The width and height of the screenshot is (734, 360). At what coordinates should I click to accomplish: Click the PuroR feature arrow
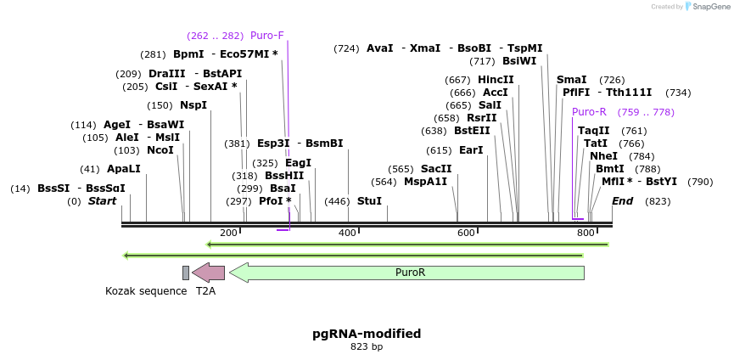pyautogui.click(x=407, y=273)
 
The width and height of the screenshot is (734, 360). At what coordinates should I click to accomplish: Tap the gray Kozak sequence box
pyautogui.click(x=186, y=273)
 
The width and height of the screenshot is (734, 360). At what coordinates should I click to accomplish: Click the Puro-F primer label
pyautogui.click(x=266, y=36)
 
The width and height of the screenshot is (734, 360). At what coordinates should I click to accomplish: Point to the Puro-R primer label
pyautogui.click(x=589, y=112)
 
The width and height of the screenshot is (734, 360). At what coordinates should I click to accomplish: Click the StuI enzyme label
pyautogui.click(x=369, y=201)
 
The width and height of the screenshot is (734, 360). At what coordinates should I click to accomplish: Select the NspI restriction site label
pyautogui.click(x=193, y=105)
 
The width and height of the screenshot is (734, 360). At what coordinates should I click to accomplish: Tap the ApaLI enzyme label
pyautogui.click(x=123, y=169)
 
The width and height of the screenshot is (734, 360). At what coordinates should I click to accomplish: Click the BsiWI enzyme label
pyautogui.click(x=519, y=61)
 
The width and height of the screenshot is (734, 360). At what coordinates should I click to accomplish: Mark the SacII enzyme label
pyautogui.click(x=435, y=169)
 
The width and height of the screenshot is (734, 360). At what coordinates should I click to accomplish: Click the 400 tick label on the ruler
pyautogui.click(x=347, y=233)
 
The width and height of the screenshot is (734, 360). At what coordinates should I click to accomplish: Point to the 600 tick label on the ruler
pyautogui.click(x=466, y=233)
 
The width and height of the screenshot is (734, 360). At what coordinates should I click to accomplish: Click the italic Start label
pyautogui.click(x=102, y=201)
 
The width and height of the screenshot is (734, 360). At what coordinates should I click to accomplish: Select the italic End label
pyautogui.click(x=622, y=201)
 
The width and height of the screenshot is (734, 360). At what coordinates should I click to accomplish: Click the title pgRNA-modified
pyautogui.click(x=367, y=334)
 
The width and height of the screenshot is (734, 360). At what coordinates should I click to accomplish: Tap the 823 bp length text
pyautogui.click(x=367, y=346)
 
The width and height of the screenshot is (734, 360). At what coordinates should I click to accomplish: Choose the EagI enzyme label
pyautogui.click(x=298, y=163)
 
